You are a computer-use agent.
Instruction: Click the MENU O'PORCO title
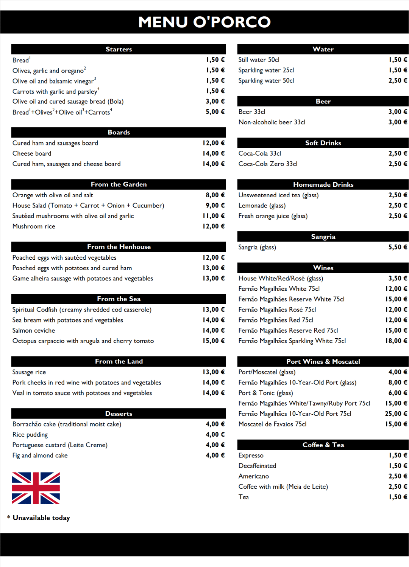click(x=204, y=22)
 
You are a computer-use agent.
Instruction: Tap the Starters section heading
click(x=119, y=49)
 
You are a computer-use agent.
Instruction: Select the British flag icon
click(x=36, y=488)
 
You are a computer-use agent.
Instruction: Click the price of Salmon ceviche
click(x=214, y=330)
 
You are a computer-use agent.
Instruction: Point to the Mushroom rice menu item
click(x=34, y=226)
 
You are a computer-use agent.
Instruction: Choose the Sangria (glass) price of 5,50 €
click(x=398, y=247)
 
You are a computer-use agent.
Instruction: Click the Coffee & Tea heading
click(x=323, y=445)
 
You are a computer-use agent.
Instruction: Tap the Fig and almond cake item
click(x=40, y=455)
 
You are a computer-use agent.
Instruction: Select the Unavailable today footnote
click(x=41, y=518)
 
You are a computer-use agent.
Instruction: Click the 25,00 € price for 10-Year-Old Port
click(x=396, y=414)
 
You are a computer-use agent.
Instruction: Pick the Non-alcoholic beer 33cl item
click(x=272, y=122)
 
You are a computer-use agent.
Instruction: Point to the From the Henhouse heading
click(x=119, y=247)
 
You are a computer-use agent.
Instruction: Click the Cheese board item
click(x=32, y=153)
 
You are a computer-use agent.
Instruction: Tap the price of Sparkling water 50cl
click(x=398, y=81)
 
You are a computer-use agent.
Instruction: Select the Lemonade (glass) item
click(x=262, y=206)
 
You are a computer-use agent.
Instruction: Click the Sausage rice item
click(x=29, y=372)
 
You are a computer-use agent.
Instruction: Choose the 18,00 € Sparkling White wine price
click(x=396, y=341)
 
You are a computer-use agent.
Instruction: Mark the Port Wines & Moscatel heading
click(x=323, y=362)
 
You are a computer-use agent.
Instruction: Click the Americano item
click(x=253, y=476)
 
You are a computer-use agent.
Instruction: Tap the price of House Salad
click(x=215, y=206)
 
